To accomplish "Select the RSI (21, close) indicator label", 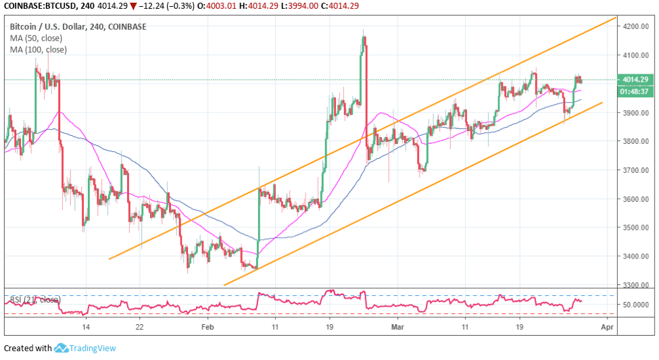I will [35, 299].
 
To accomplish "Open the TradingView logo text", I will [93, 349].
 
